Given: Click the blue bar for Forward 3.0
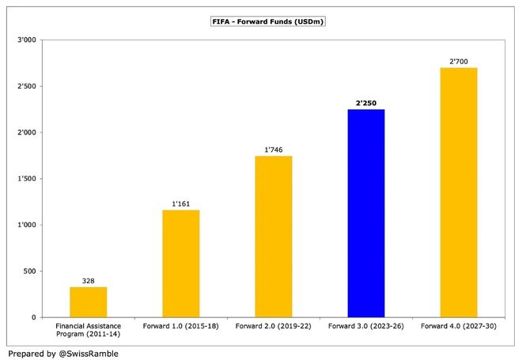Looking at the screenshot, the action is tap(366, 213).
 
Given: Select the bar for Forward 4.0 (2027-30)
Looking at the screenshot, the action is tap(459, 192).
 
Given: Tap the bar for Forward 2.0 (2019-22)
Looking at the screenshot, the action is tap(274, 237).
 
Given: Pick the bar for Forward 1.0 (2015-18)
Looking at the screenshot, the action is tap(181, 263).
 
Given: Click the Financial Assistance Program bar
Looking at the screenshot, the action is tap(89, 302).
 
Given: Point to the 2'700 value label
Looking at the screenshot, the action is tap(459, 62).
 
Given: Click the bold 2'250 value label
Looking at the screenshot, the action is tap(366, 103).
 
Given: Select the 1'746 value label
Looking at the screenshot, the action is tap(274, 150).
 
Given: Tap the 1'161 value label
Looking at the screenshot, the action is tap(181, 204).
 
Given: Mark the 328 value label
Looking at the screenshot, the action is tap(89, 281).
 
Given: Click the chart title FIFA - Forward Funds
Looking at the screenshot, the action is tap(268, 21).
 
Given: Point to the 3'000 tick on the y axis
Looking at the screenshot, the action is tap(27, 40).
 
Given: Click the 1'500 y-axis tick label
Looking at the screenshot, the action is tap(27, 179).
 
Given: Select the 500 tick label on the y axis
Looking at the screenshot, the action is tap(29, 271).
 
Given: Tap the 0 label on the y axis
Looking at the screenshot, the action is tap(34, 318).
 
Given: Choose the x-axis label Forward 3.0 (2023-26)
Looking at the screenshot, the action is tap(366, 326).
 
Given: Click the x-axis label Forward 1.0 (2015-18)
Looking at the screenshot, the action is tap(181, 326).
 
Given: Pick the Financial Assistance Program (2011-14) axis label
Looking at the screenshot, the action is tap(89, 330).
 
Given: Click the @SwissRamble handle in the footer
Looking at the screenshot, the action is tap(89, 354).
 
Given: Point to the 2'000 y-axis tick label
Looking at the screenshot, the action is tap(27, 133).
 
